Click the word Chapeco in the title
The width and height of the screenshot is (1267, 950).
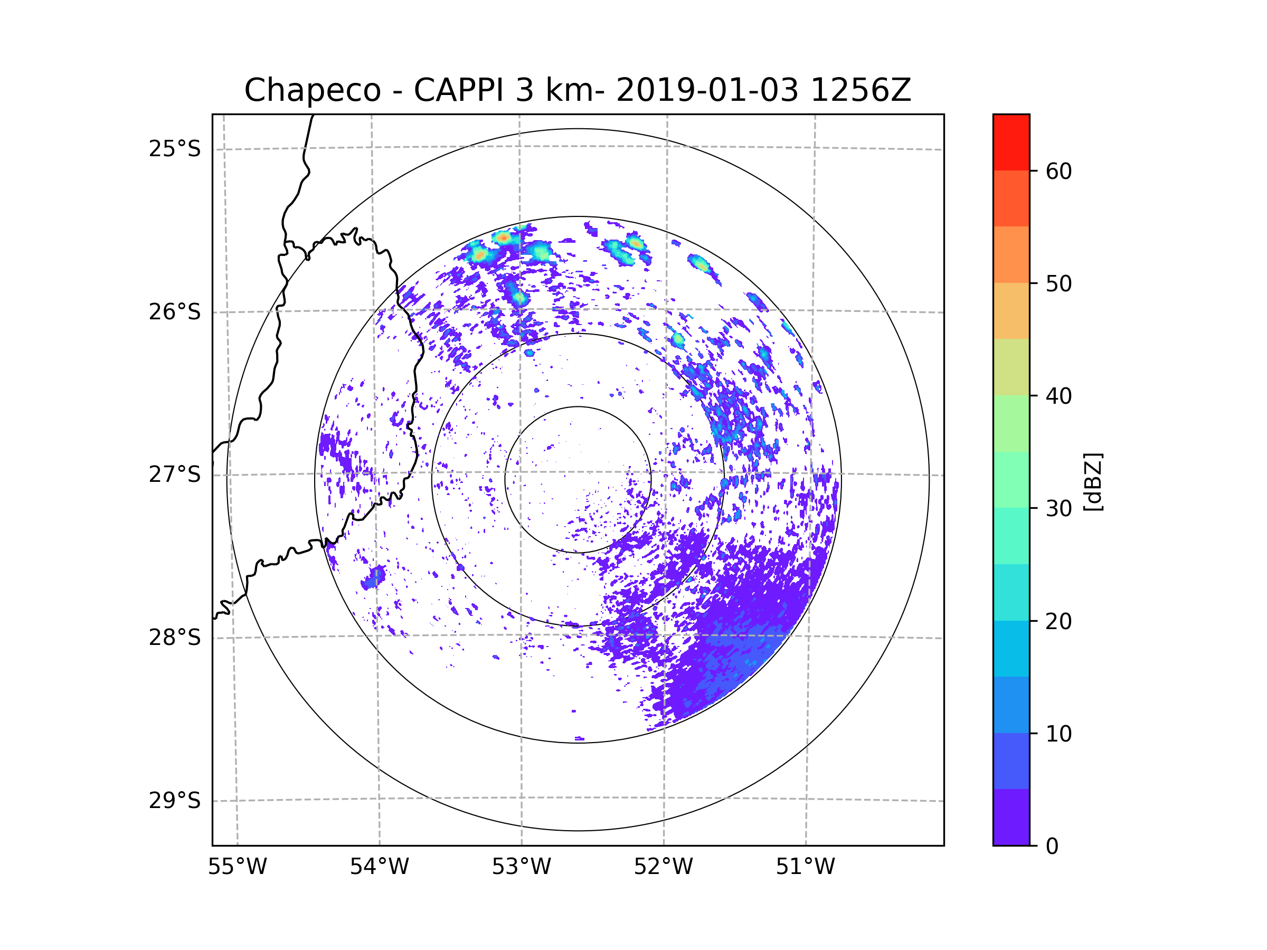(x=312, y=90)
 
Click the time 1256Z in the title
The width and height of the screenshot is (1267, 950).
(x=861, y=90)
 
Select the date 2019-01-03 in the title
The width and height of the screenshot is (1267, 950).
(x=707, y=90)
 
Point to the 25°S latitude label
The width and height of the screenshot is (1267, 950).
(x=175, y=149)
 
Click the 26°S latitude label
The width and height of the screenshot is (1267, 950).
(x=175, y=312)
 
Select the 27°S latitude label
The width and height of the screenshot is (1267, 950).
(x=175, y=474)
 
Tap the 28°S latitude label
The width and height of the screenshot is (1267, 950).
(x=175, y=638)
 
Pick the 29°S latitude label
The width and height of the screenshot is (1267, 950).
(x=175, y=801)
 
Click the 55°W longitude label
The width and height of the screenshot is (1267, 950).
(x=237, y=867)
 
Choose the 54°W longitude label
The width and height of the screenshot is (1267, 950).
(x=379, y=867)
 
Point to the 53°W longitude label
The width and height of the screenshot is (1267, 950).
(x=521, y=867)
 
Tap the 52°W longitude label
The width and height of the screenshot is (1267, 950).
(x=663, y=867)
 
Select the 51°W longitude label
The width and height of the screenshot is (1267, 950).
(x=805, y=867)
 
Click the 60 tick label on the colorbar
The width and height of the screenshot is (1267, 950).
(x=1058, y=171)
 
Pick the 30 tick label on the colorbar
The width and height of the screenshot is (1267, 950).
(x=1058, y=508)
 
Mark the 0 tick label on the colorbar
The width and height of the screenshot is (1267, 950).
(x=1052, y=847)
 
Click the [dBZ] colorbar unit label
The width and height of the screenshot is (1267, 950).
(x=1092, y=481)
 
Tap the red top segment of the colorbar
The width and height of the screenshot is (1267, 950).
(x=1011, y=142)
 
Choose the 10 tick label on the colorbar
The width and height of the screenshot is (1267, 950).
(x=1058, y=734)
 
